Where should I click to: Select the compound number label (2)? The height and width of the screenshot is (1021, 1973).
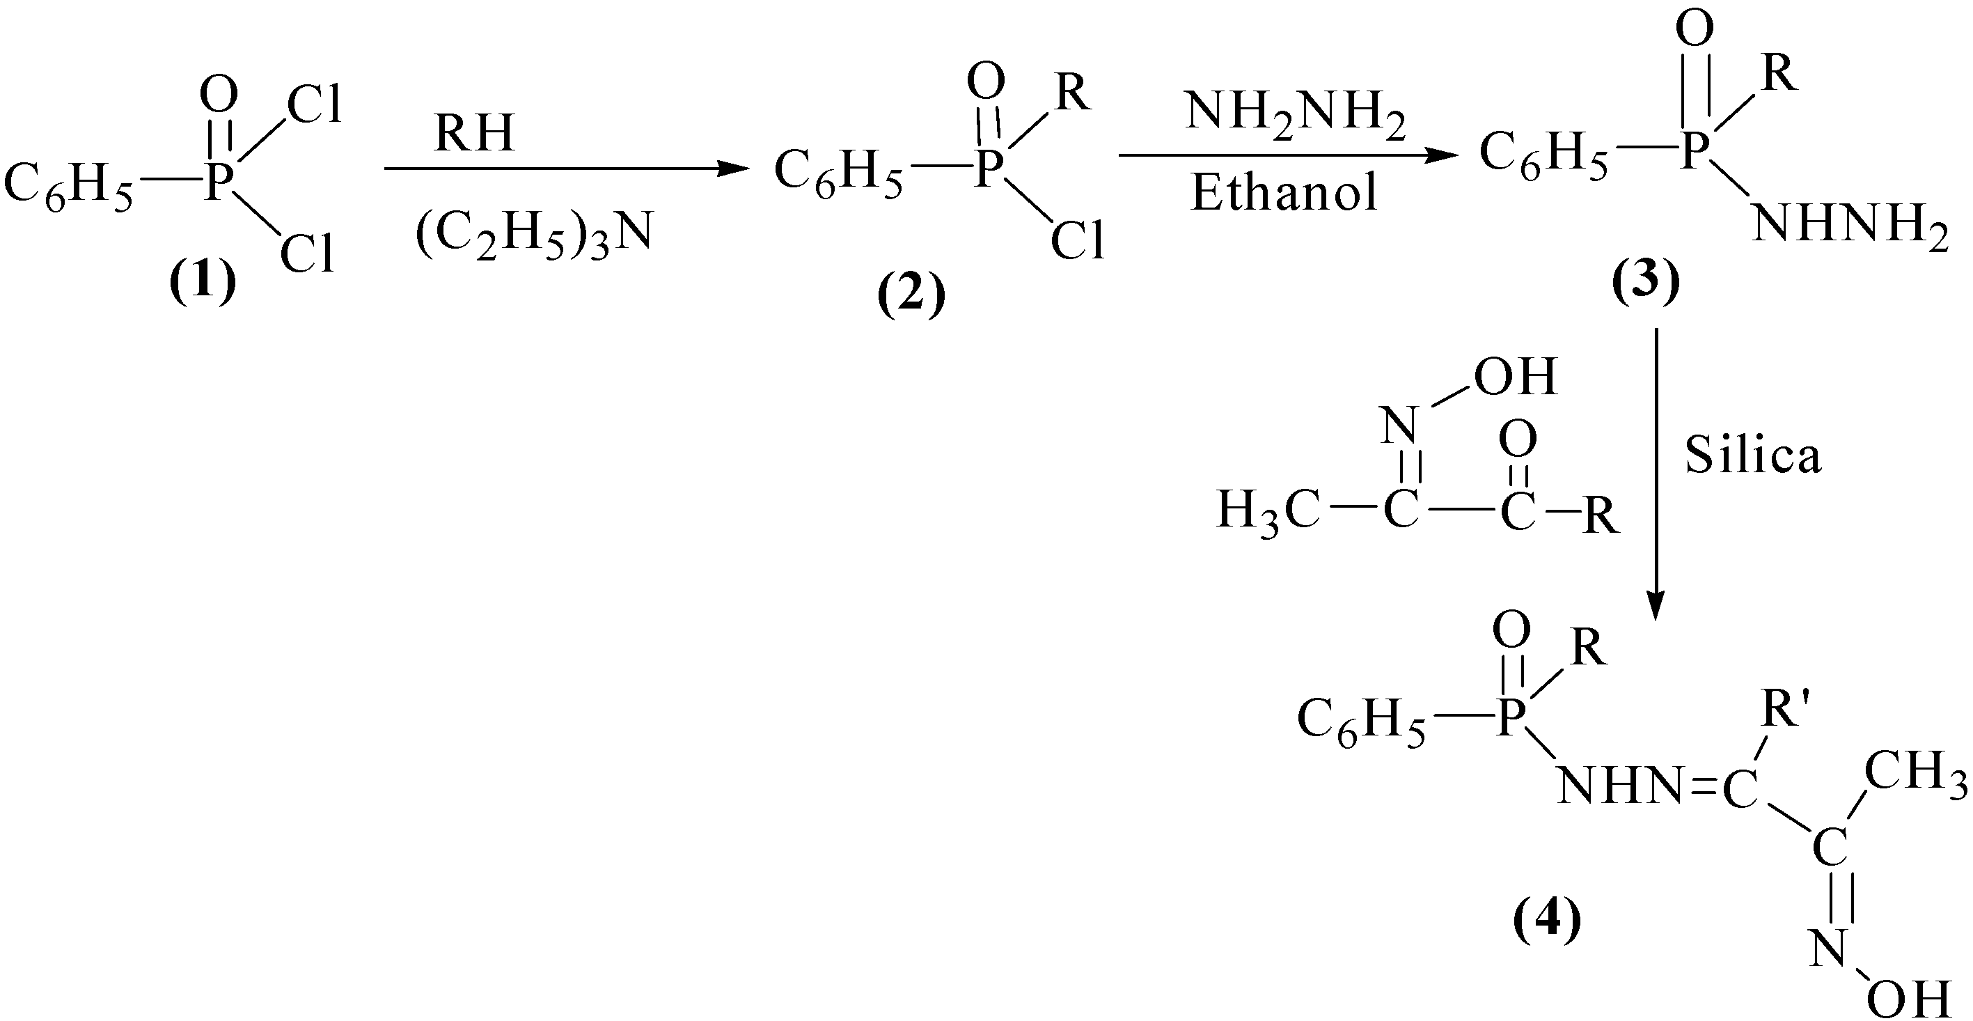[x=911, y=297]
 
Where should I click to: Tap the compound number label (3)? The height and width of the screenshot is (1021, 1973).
[x=1646, y=283]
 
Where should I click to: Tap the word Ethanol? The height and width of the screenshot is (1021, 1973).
[x=1284, y=192]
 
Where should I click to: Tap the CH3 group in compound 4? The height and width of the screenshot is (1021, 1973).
[x=1915, y=770]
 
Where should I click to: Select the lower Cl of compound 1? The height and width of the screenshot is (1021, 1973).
[x=307, y=254]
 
